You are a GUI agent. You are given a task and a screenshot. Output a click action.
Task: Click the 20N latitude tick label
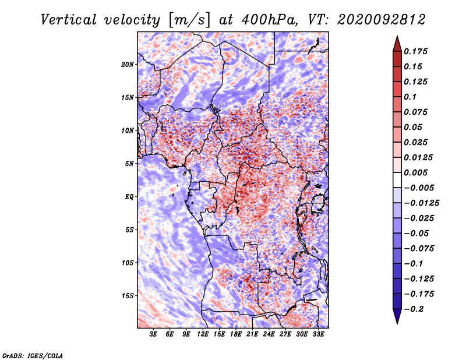(x=128, y=65)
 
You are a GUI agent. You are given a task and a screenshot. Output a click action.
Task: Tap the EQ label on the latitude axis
(x=129, y=197)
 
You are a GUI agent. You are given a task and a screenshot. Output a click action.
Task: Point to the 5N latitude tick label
(x=129, y=164)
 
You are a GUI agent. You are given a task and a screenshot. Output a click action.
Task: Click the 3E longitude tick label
(x=153, y=334)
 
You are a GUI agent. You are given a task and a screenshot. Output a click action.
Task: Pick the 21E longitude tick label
(x=252, y=334)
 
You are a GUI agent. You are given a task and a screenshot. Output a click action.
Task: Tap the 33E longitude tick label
(x=318, y=334)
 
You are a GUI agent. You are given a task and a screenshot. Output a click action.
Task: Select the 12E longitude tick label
(x=202, y=334)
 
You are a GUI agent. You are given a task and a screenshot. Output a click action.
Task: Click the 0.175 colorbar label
(x=415, y=51)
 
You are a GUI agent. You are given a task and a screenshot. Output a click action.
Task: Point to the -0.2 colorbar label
(x=414, y=309)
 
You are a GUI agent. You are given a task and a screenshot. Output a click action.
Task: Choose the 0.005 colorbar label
(x=415, y=172)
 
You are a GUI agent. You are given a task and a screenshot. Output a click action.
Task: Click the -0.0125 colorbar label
(x=421, y=203)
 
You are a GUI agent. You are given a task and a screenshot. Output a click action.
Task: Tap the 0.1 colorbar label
(x=410, y=97)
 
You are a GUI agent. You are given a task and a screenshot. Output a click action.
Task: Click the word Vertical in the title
(x=68, y=20)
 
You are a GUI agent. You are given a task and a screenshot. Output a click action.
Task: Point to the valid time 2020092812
(x=382, y=20)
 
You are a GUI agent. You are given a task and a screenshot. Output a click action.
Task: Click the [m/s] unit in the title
(x=189, y=20)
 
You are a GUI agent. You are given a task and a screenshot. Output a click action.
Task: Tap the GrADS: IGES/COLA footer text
(x=33, y=356)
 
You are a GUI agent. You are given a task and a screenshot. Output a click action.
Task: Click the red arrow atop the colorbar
(x=397, y=44)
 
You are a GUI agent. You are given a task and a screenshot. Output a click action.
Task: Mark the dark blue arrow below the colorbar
(x=397, y=316)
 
